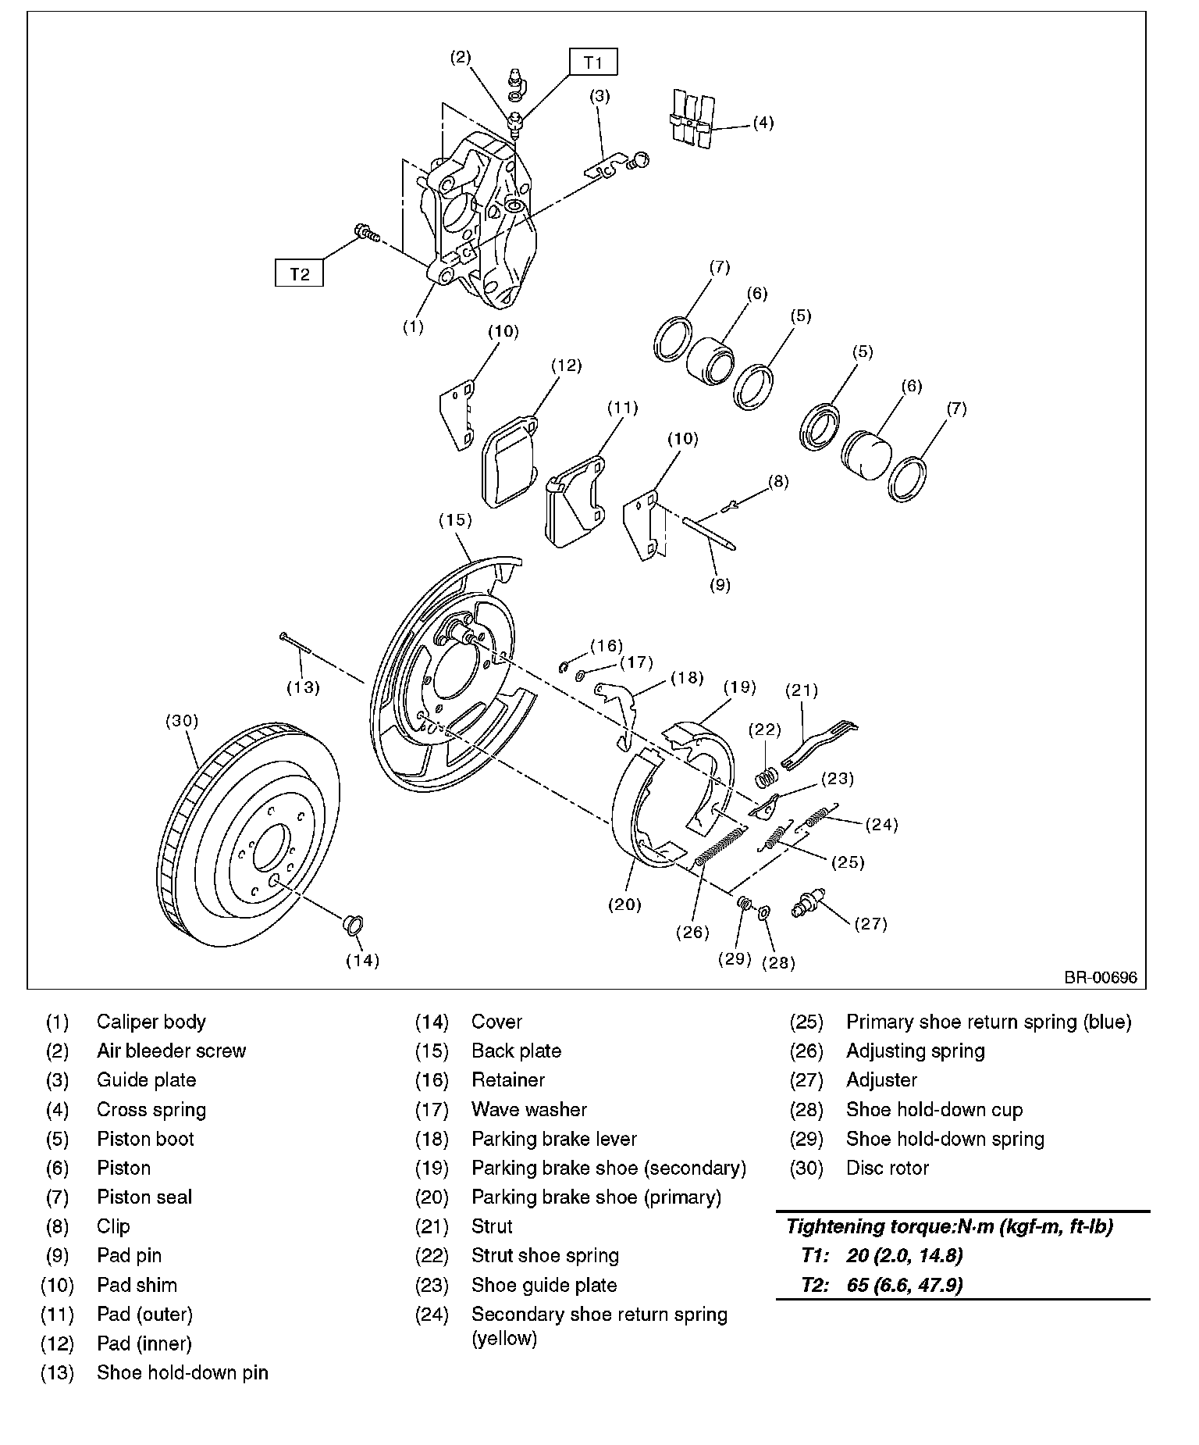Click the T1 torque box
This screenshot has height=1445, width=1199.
593,62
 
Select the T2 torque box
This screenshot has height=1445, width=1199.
299,273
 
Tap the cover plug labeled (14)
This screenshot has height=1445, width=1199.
354,925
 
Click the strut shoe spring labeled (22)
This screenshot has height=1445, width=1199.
767,778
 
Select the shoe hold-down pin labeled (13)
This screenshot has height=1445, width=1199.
295,643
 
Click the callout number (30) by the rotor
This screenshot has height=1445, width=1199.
182,721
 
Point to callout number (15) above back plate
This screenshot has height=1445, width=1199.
455,519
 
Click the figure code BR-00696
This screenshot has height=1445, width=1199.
1100,976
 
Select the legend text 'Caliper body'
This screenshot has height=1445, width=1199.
151,1022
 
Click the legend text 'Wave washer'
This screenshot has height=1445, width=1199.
528,1109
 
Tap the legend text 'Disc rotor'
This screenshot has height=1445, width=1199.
888,1168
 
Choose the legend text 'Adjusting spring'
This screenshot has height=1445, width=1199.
915,1051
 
